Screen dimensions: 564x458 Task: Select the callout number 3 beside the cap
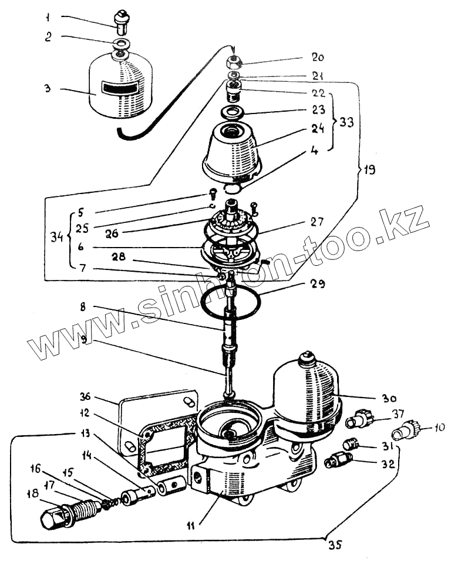pos(46,89)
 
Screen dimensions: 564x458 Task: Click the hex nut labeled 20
pos(236,61)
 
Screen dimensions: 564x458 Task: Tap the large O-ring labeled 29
pos(232,301)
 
